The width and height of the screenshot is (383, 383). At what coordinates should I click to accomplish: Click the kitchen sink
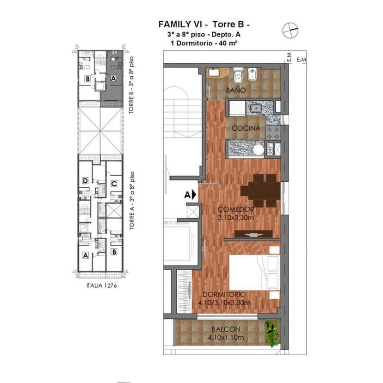tap(255, 109)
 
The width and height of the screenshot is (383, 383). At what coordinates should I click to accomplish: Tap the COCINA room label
tap(245, 128)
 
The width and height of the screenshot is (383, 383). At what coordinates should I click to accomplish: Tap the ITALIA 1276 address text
tap(101, 285)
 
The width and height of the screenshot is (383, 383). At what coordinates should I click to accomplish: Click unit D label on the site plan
tap(85, 181)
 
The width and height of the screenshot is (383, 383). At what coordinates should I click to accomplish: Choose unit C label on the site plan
tap(113, 184)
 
